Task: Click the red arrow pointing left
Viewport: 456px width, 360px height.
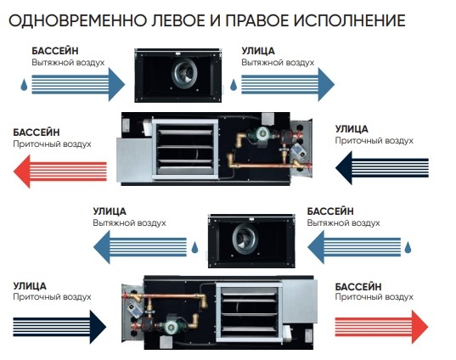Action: tap(60, 172)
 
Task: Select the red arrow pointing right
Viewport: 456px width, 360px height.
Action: tap(381, 327)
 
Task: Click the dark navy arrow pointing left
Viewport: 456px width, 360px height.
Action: tap(382, 168)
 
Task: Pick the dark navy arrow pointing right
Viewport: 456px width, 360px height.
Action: tap(59, 327)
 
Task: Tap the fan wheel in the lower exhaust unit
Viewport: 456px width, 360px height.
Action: tap(245, 238)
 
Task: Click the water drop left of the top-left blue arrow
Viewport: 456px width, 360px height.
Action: tap(24, 85)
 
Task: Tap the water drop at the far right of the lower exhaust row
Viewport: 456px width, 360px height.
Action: tap(408, 247)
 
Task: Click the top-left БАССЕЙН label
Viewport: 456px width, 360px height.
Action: tap(55, 51)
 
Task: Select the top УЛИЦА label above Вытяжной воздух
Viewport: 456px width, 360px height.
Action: tap(258, 51)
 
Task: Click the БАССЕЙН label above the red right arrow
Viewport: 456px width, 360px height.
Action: tap(358, 287)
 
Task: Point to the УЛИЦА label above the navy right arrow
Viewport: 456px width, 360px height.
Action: tap(30, 286)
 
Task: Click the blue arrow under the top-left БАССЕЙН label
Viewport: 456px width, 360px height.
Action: tap(78, 85)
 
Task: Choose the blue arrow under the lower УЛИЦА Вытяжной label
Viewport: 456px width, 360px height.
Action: tap(140, 247)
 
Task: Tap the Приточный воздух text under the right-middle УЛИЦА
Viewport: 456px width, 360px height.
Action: tap(374, 141)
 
